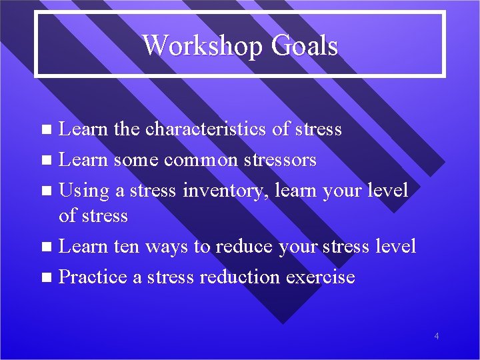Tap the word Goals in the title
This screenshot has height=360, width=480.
[304, 46]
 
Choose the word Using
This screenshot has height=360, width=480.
[83, 191]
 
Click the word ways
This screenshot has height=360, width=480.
[168, 247]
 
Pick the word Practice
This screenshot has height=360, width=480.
[93, 277]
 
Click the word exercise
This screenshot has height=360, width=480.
[323, 277]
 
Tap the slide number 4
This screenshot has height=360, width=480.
[437, 336]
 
